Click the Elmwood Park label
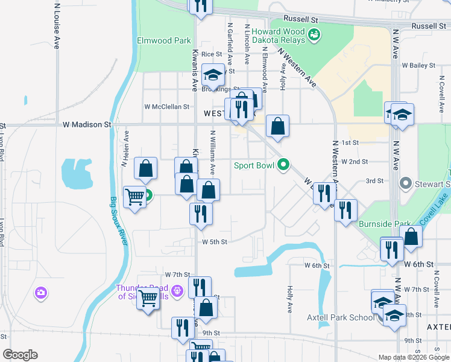click(x=164, y=41)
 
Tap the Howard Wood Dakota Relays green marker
click(x=314, y=36)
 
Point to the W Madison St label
click(x=87, y=124)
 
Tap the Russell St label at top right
click(x=429, y=26)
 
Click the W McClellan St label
click(x=166, y=107)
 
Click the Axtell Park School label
click(x=333, y=317)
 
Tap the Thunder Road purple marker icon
click(x=177, y=291)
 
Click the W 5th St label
click(x=214, y=242)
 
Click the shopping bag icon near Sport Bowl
click(x=277, y=126)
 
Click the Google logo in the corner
click(x=20, y=355)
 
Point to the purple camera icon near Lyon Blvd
click(x=41, y=293)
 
